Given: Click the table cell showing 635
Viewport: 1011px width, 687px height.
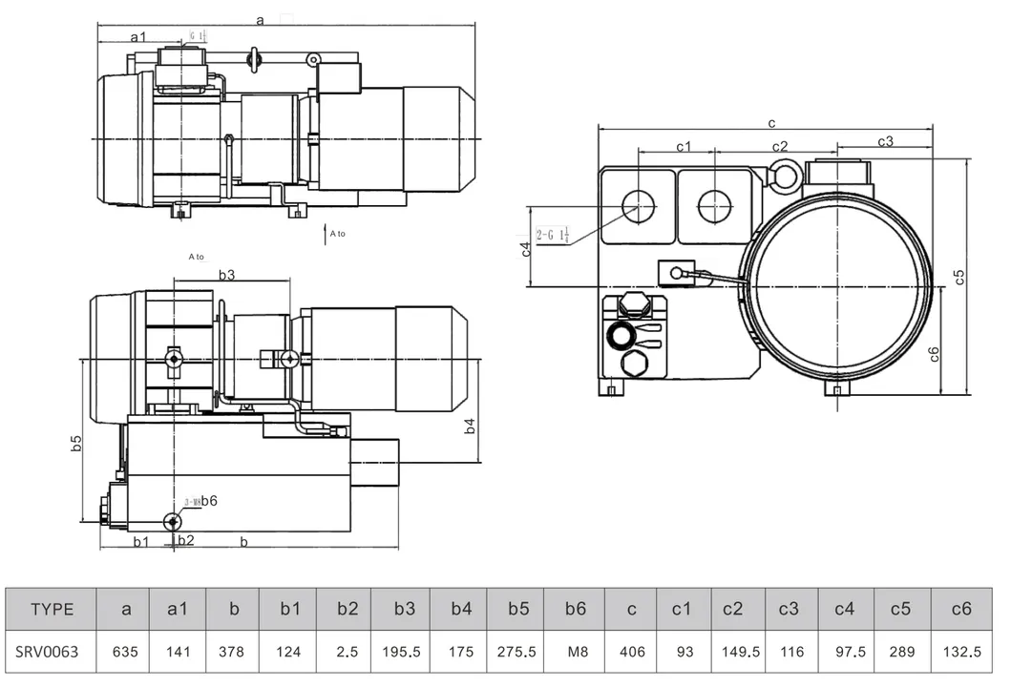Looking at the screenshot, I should tap(126, 653).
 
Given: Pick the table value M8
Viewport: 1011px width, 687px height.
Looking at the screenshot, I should tap(578, 653).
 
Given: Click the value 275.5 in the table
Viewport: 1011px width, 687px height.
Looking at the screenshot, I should tap(516, 653).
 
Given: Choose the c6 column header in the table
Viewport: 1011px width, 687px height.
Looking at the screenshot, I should tap(960, 610).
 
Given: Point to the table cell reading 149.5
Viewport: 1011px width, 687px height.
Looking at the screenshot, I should tap(740, 653).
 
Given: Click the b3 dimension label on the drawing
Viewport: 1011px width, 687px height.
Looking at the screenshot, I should tap(226, 275).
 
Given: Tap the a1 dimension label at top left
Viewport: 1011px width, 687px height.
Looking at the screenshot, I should tap(138, 36).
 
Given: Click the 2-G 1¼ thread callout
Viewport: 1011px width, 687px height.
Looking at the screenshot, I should tap(553, 235).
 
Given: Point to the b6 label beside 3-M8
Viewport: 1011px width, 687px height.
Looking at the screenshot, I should tap(209, 500).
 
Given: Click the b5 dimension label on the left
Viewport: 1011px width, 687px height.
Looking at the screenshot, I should tap(76, 444).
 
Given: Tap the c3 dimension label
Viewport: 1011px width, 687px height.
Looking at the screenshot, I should tap(885, 141).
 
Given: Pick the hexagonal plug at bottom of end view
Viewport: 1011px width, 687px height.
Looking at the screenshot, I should tap(633, 365).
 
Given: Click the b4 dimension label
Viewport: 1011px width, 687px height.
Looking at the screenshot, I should tap(469, 426).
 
